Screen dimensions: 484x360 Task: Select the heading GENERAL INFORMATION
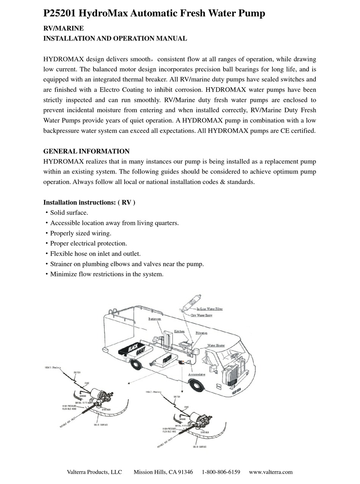pyautogui.click(x=86, y=151)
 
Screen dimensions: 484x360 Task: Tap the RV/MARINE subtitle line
pyautogui.click(x=64, y=28)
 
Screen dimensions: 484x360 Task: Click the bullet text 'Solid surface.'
pyautogui.click(x=69, y=213)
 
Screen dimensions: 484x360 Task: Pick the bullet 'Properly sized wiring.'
pyautogui.click(x=81, y=233)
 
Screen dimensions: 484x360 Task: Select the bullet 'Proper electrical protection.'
pyautogui.click(x=88, y=244)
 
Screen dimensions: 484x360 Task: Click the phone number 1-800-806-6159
pyautogui.click(x=221, y=472)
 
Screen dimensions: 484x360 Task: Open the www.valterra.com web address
pyautogui.click(x=271, y=472)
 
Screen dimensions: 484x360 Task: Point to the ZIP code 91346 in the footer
pyautogui.click(x=185, y=472)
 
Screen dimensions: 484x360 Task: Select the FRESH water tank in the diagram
pyautogui.click(x=167, y=359)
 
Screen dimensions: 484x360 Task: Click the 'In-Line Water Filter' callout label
pyautogui.click(x=210, y=309)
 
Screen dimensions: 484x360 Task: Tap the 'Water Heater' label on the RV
pyautogui.click(x=216, y=345)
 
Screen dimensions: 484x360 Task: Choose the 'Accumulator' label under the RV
pyautogui.click(x=197, y=375)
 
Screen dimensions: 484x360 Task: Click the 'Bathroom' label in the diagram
pyautogui.click(x=155, y=319)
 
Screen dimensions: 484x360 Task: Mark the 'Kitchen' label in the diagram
pyautogui.click(x=179, y=331)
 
